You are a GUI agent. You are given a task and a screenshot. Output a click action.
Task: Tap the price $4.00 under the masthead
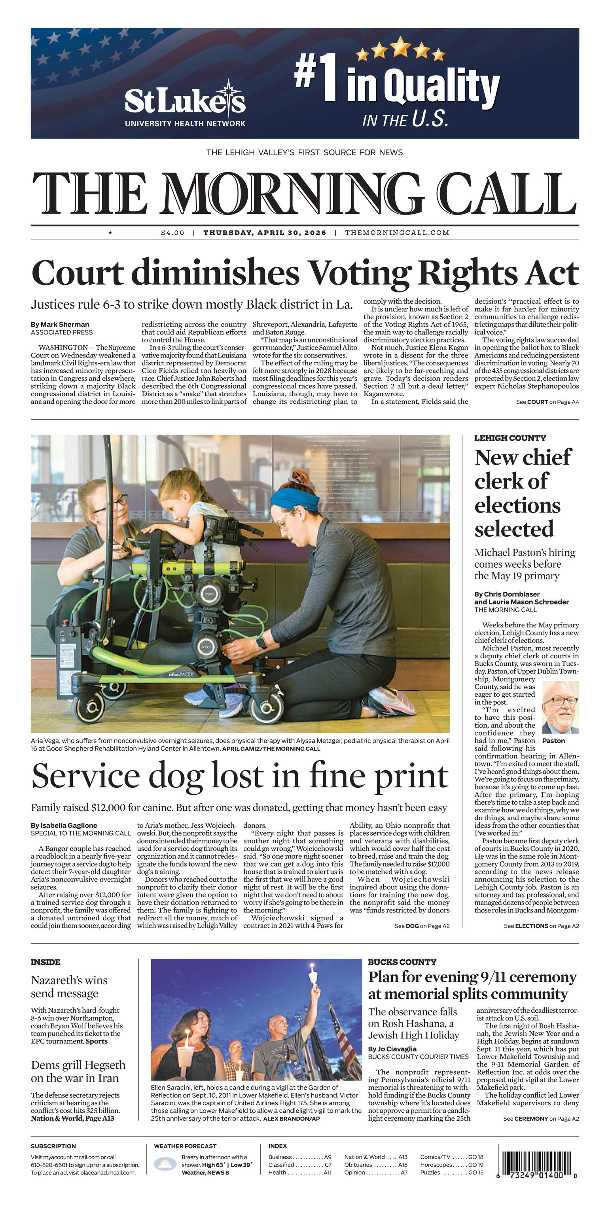point(172,232)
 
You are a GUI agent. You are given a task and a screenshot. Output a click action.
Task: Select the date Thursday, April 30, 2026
point(265,232)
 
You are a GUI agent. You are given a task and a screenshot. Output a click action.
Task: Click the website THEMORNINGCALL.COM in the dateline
point(397,232)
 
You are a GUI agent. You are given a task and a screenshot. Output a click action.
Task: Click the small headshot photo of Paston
point(561,707)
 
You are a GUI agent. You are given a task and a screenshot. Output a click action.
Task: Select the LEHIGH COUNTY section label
point(510,438)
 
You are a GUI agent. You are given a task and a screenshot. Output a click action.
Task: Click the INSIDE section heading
point(45,962)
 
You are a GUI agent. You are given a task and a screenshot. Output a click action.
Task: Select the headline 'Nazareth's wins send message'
point(69,987)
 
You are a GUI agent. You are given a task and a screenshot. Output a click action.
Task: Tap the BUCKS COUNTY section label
point(402,962)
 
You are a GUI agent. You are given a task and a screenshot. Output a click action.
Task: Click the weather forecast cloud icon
point(165,1163)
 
